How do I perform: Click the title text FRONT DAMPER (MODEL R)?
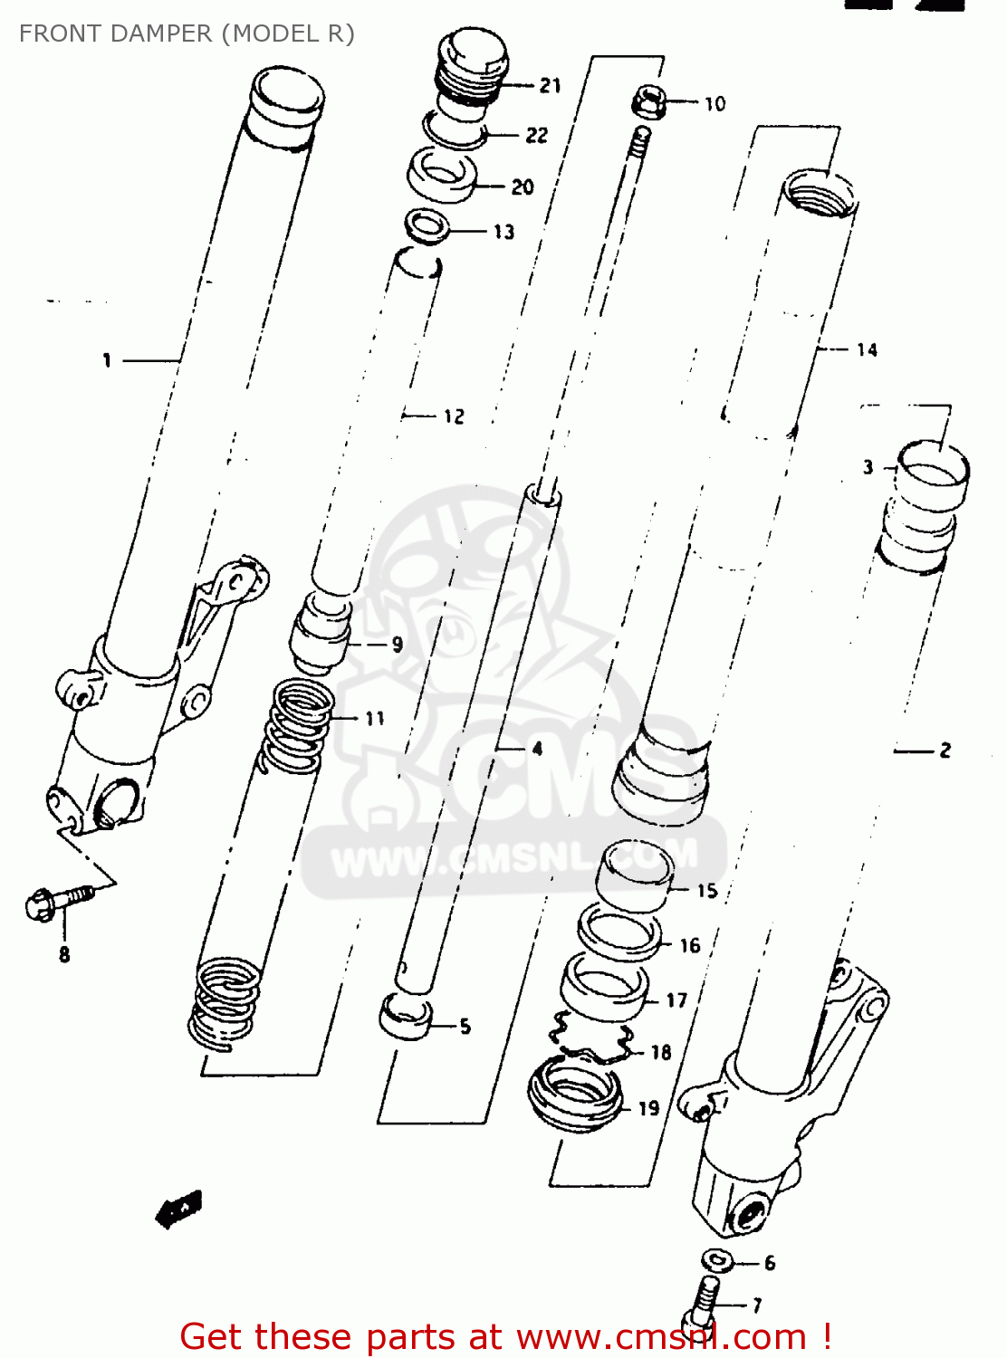[187, 33]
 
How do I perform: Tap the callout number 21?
[551, 86]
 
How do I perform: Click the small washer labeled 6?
[717, 1260]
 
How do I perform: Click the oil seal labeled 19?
[576, 1096]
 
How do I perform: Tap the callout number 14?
[867, 349]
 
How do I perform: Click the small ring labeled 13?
[427, 225]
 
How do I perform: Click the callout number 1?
[107, 360]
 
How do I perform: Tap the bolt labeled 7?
[705, 1301]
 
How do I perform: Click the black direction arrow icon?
[179, 1210]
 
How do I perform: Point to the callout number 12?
[454, 416]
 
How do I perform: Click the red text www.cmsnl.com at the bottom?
[660, 1337]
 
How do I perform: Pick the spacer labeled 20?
[442, 176]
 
